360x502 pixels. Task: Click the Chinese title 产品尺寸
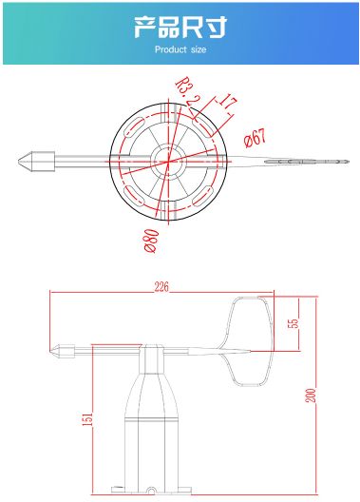pyautogui.click(x=180, y=27)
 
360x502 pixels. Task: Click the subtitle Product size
pyautogui.click(x=180, y=49)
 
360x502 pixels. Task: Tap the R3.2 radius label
pyautogui.click(x=186, y=91)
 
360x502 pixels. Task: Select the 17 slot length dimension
pyautogui.click(x=228, y=102)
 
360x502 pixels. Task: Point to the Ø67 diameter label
pyautogui.click(x=255, y=138)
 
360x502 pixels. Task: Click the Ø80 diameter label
pyautogui.click(x=151, y=241)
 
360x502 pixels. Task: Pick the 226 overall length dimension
pyautogui.click(x=161, y=287)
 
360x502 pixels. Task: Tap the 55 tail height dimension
pyautogui.click(x=293, y=323)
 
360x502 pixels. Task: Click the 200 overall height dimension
pyautogui.click(x=312, y=396)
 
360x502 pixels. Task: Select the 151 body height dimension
pyautogui.click(x=87, y=419)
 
